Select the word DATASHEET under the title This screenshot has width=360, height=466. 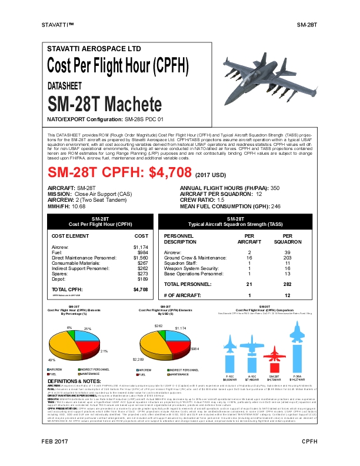[x=65, y=86]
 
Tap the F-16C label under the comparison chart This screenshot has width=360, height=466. [x=232, y=375]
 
